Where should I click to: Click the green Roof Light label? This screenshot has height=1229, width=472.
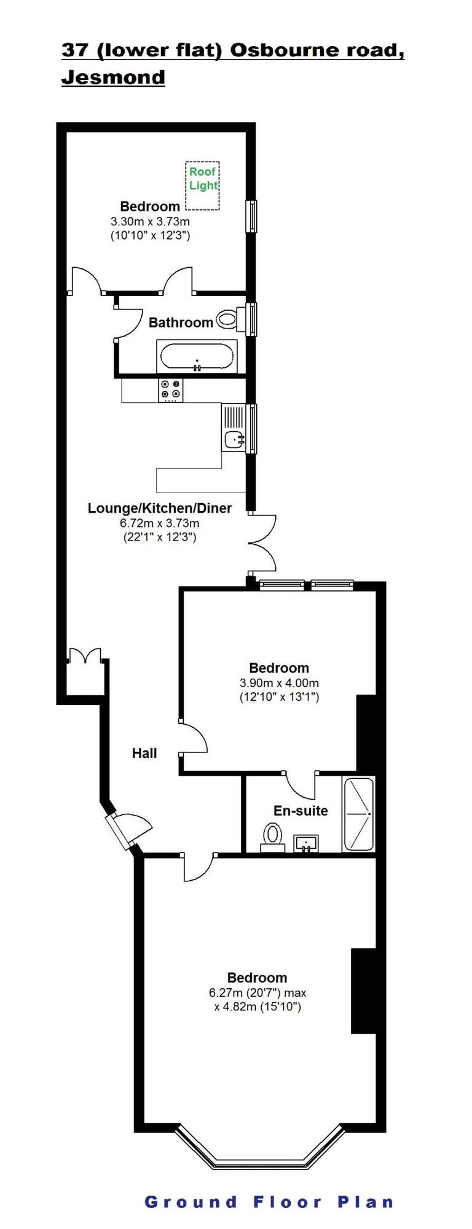tap(203, 178)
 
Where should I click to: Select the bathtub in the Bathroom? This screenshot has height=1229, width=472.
tap(197, 357)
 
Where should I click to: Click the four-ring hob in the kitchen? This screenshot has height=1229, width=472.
tap(171, 389)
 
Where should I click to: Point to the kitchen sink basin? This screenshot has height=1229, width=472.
tap(234, 439)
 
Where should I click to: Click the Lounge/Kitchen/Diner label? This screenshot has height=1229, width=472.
tap(160, 508)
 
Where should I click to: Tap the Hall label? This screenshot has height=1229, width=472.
tap(144, 753)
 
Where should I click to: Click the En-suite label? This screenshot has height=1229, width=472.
tap(301, 810)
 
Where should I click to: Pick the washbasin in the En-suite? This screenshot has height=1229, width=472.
tap(305, 843)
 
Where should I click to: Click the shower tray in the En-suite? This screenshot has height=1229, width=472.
tap(358, 814)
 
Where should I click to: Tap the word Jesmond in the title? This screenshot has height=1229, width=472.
tap(113, 77)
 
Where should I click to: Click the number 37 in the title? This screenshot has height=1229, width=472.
tap(75, 50)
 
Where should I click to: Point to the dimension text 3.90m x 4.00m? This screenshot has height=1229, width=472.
tap(279, 682)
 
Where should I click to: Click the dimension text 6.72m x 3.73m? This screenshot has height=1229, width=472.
tap(159, 523)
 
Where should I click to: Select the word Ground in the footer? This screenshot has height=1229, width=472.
tap(191, 1201)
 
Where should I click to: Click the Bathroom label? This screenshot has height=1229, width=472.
tap(181, 322)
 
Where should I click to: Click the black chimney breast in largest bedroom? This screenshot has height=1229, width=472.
tap(363, 991)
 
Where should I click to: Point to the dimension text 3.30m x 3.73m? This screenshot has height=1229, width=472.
tap(150, 221)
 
